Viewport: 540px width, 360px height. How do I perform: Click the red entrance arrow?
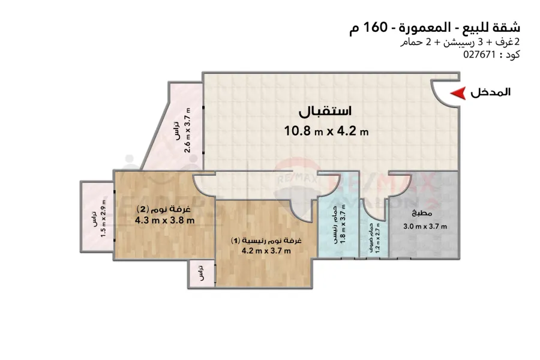[x=458, y=93]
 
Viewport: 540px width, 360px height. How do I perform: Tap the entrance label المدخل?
[x=490, y=92]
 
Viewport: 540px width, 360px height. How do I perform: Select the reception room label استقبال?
[x=326, y=112]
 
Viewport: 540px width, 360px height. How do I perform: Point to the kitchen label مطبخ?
[x=420, y=214]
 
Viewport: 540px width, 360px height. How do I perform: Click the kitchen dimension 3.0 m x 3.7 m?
[x=425, y=226]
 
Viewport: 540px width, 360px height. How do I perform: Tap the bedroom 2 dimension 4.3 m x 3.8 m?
[x=164, y=220]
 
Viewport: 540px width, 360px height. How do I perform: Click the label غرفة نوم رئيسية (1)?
[x=266, y=240]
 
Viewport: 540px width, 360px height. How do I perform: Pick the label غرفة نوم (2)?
[x=164, y=209]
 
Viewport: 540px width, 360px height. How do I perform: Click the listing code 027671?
[x=478, y=54]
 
